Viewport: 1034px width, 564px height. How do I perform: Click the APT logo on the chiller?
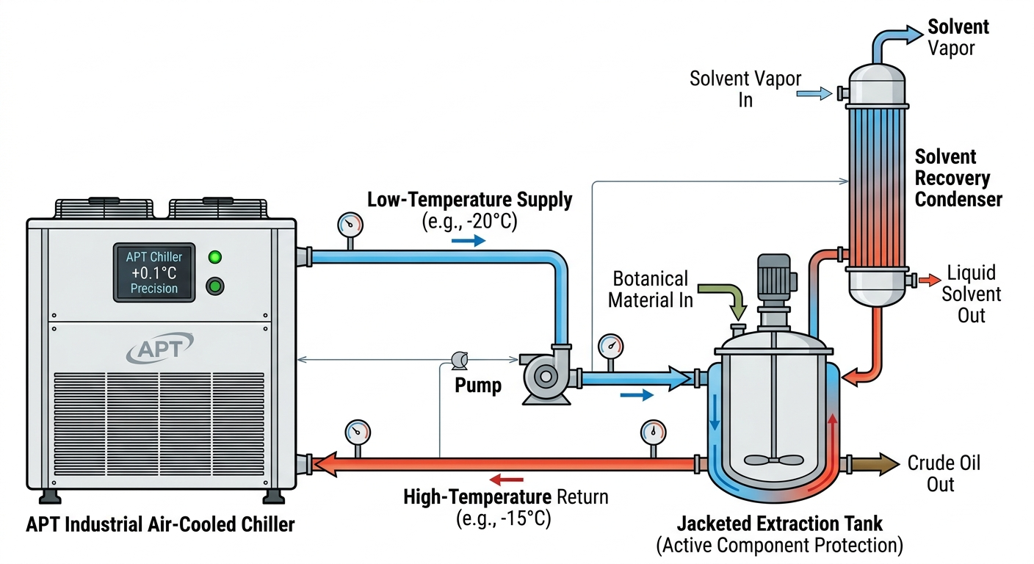(159, 348)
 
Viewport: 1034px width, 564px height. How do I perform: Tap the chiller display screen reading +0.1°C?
(154, 272)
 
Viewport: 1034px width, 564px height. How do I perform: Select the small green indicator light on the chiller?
(215, 257)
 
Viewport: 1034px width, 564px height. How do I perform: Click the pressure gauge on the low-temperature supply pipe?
(351, 223)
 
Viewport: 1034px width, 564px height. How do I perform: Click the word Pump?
(477, 386)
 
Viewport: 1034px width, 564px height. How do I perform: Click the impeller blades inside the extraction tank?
(774, 460)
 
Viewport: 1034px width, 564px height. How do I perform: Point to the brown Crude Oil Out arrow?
(878, 464)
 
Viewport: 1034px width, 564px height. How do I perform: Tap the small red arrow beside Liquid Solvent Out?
(930, 280)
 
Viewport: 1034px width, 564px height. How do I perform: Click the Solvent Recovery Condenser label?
(958, 178)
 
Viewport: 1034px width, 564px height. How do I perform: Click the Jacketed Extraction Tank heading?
(779, 524)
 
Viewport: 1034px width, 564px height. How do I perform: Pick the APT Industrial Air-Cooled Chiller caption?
(160, 524)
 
